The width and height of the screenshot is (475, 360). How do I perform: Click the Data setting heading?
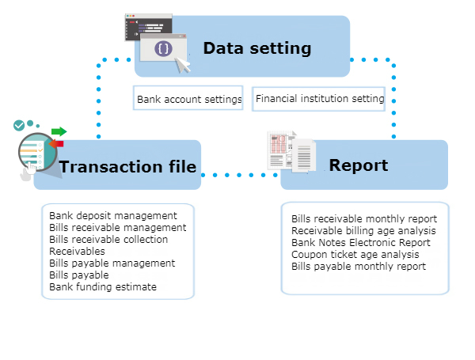click(256, 48)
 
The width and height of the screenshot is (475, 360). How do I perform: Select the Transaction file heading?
click(127, 166)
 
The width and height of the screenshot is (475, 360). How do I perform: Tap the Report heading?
click(358, 165)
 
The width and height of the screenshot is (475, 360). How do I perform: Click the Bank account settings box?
click(188, 100)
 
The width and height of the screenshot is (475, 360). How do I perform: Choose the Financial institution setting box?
click(320, 99)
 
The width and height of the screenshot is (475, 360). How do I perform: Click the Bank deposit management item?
click(112, 215)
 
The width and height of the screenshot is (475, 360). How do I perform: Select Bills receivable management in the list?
click(117, 227)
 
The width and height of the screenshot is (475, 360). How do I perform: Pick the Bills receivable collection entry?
click(108, 239)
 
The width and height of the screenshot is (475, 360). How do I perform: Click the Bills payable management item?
click(112, 263)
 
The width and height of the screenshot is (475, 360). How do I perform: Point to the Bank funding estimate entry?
click(102, 286)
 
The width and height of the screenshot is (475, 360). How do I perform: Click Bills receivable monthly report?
click(363, 218)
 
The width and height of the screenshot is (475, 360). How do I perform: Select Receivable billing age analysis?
click(363, 230)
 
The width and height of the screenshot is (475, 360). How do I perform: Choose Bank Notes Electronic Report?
click(360, 242)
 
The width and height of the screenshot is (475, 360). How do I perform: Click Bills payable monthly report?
click(358, 266)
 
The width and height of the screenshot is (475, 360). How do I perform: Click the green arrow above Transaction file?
click(59, 131)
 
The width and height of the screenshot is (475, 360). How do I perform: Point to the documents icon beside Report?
click(291, 152)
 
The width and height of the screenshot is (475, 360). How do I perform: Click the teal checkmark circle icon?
click(19, 125)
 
